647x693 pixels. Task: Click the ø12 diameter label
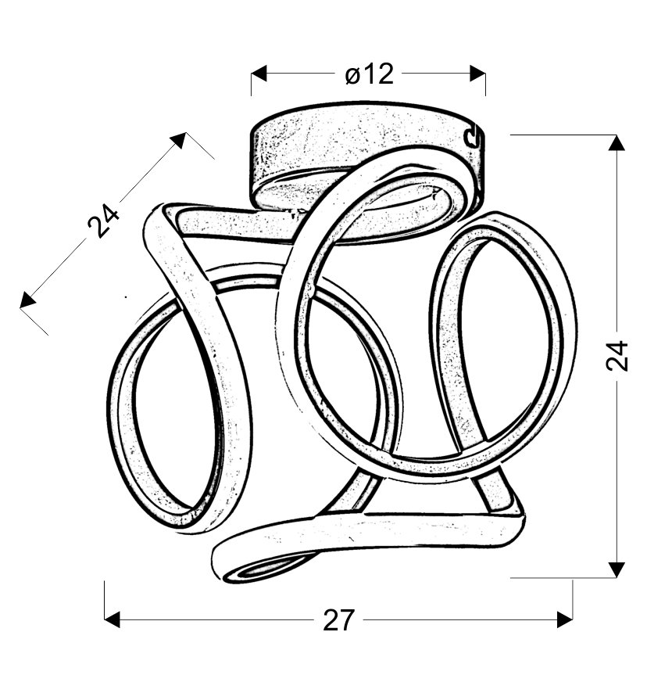(369, 74)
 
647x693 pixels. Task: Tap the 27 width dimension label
(338, 620)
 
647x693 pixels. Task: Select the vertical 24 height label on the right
(617, 355)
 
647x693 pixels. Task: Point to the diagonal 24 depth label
(103, 220)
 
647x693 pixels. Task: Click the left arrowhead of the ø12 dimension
(259, 74)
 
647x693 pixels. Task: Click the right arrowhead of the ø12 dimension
(478, 74)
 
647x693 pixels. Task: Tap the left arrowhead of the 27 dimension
(113, 619)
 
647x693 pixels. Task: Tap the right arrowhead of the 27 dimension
(565, 619)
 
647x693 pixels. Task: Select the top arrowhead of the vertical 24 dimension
(617, 143)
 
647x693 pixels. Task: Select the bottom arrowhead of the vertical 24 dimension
(617, 569)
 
